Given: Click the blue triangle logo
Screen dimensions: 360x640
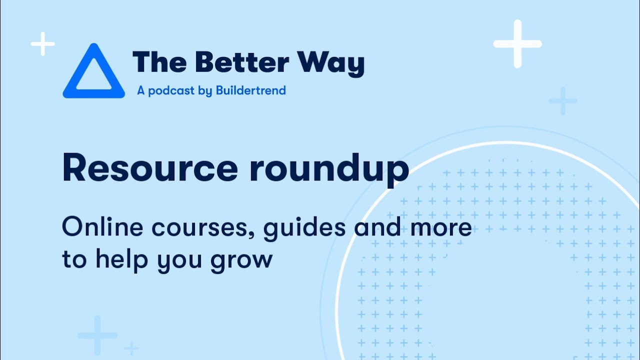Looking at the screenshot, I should click(93, 72).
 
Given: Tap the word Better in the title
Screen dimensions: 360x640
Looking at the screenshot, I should click(241, 63).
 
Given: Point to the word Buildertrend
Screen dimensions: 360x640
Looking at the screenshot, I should click(251, 90).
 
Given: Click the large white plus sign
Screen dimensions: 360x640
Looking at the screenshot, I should click(517, 44).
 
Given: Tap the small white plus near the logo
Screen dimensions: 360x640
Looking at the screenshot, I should click(43, 44).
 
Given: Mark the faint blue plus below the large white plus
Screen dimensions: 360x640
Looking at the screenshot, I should click(563, 100).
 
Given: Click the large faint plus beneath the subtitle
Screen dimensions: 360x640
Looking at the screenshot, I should click(97, 335).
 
